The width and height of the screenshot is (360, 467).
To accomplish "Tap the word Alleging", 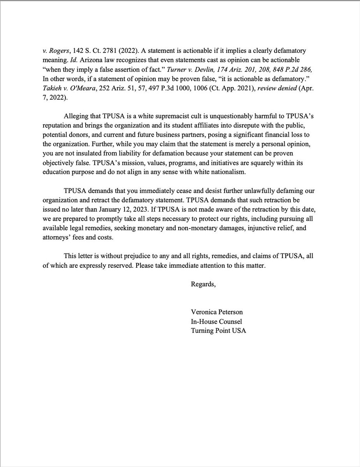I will point(76,116).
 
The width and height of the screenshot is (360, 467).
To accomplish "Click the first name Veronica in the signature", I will point(203,313).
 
